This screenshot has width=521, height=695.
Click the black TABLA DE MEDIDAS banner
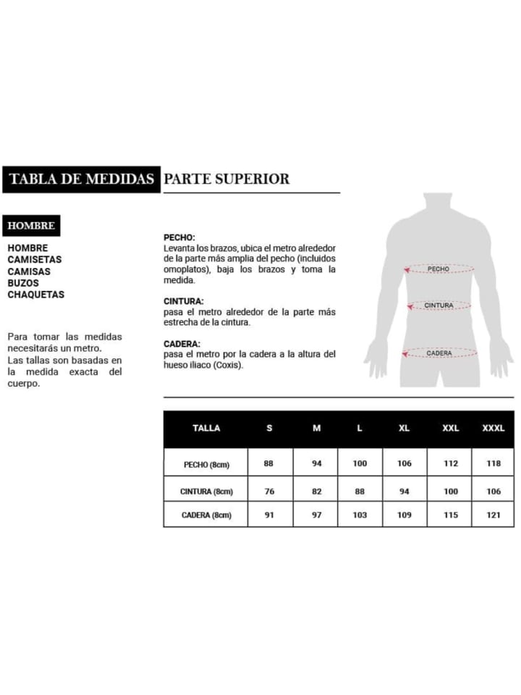click(x=81, y=179)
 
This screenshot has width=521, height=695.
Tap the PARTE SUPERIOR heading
click(x=226, y=179)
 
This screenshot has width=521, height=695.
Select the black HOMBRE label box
click(x=31, y=226)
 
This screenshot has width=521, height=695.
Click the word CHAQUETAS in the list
click(x=35, y=295)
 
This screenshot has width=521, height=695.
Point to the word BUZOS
click(x=23, y=283)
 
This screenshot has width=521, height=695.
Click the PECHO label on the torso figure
click(x=439, y=269)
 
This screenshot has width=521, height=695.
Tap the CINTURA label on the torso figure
click(x=439, y=306)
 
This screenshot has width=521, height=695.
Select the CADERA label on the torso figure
click(x=439, y=353)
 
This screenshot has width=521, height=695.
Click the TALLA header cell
click(x=206, y=428)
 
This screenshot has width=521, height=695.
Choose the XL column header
click(x=404, y=428)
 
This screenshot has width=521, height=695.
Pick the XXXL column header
click(x=494, y=428)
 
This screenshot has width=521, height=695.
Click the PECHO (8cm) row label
click(x=206, y=464)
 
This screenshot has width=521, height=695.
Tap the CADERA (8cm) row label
click(x=206, y=515)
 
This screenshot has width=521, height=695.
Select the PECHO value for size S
click(x=268, y=463)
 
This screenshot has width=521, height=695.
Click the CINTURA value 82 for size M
click(x=316, y=491)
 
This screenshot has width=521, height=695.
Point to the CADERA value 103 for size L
click(x=360, y=515)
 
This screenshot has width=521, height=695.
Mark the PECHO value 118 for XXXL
click(x=494, y=463)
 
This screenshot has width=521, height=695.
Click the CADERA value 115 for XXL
click(x=450, y=515)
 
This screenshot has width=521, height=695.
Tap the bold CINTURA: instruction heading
click(x=184, y=300)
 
